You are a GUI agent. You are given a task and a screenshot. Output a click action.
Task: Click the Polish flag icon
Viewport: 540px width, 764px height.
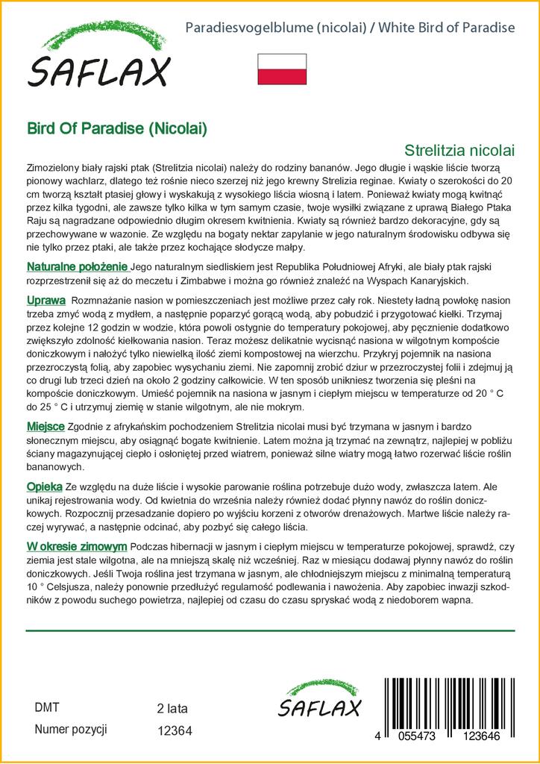(x=282, y=69)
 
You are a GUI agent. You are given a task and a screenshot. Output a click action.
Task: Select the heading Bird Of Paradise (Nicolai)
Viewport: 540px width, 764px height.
(x=117, y=128)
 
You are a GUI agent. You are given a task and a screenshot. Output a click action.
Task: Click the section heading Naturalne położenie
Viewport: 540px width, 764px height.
(x=78, y=267)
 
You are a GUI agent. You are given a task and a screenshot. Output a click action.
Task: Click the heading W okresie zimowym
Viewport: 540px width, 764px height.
(x=77, y=548)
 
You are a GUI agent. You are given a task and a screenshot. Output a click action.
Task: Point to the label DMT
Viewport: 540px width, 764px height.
(x=46, y=707)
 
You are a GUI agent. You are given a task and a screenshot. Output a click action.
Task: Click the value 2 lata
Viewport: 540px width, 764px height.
(x=172, y=708)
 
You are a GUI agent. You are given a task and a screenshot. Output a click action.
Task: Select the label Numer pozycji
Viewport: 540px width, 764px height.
(x=71, y=729)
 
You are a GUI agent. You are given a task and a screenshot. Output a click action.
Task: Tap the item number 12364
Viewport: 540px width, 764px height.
(x=175, y=731)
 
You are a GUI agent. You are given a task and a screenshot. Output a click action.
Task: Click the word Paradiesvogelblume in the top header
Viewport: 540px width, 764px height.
(x=242, y=28)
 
